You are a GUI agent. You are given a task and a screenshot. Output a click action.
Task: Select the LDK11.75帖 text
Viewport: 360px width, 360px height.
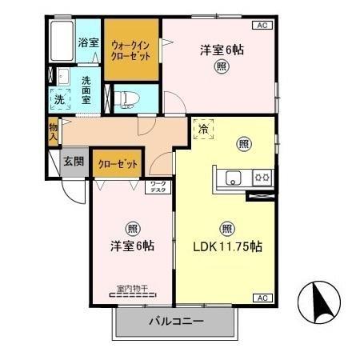227,246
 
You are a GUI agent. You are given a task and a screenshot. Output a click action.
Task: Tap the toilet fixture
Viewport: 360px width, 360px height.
127,98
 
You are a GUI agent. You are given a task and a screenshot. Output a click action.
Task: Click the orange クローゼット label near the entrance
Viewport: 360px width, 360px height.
118,164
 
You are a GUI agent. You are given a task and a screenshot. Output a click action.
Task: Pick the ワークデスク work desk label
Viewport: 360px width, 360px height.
158,188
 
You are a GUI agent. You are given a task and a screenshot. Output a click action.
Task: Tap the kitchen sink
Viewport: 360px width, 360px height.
232,177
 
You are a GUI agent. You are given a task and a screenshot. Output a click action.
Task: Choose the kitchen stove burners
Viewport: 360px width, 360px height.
262,177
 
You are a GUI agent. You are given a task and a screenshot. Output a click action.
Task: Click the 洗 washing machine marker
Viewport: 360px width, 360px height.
59,100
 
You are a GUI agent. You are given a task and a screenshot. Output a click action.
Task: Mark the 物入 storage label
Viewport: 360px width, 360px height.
53,130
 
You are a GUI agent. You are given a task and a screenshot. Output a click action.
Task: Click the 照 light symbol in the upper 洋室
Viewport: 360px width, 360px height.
219,67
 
